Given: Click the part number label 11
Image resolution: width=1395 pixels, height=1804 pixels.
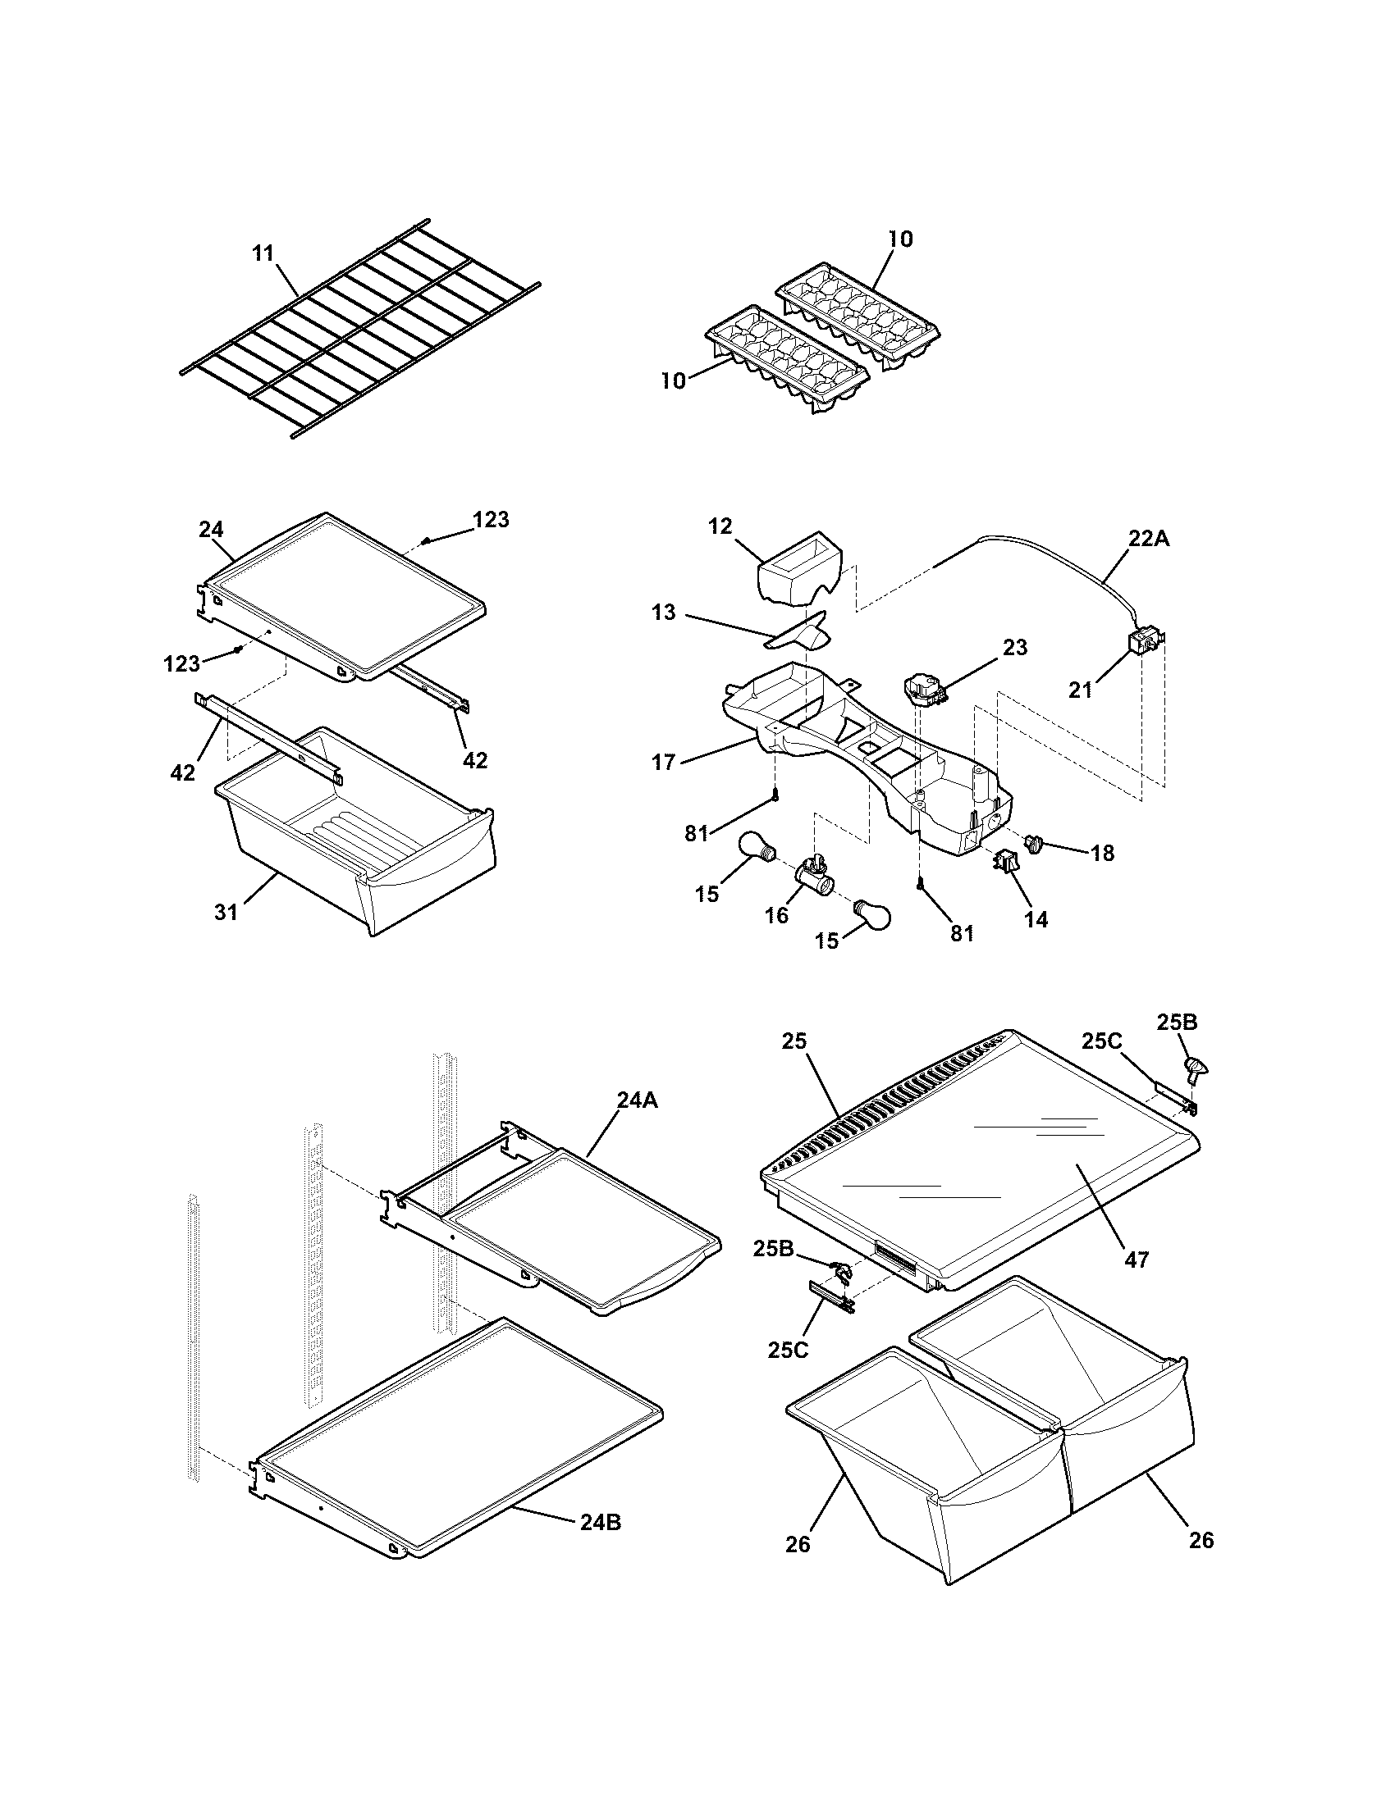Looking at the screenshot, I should [263, 253].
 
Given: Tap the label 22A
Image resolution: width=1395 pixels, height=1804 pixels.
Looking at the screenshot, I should [1149, 539].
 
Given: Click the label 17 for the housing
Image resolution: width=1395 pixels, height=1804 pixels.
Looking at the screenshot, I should [664, 762].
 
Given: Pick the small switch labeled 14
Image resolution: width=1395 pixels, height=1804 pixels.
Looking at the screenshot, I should [1006, 863].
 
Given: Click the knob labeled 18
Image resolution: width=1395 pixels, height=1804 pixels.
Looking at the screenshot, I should [1034, 843].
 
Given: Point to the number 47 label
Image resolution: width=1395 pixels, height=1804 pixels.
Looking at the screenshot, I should [1137, 1259].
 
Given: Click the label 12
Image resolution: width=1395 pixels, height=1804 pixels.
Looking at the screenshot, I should [720, 526].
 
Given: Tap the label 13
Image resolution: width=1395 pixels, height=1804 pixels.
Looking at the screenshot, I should [663, 612].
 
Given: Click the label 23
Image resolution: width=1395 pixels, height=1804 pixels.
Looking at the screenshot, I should [1015, 648].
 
